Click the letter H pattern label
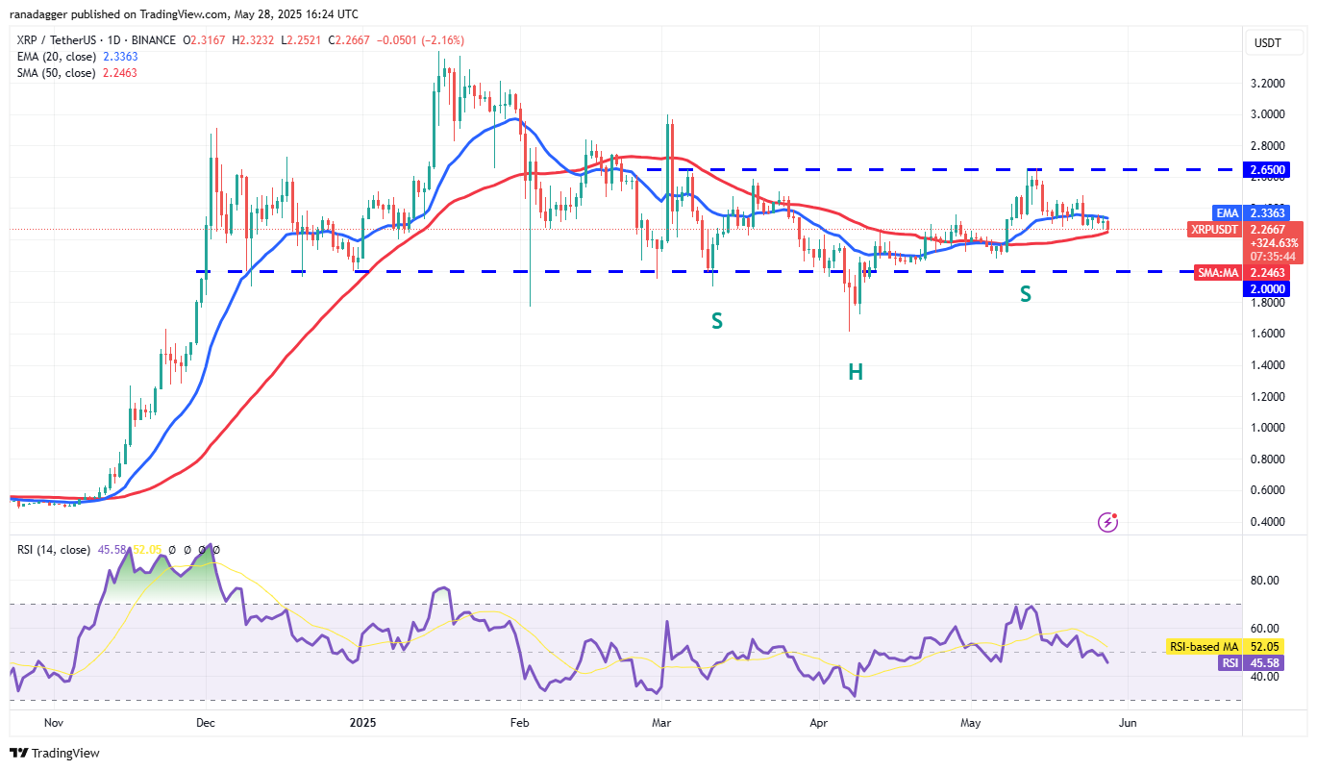pyautogui.click(x=856, y=372)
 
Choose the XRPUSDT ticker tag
pyautogui.click(x=1216, y=230)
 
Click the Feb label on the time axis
pyautogui.click(x=520, y=722)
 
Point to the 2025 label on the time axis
pyautogui.click(x=362, y=722)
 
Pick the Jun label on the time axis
pyautogui.click(x=1129, y=722)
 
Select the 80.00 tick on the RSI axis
pyautogui.click(x=1265, y=581)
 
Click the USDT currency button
pyautogui.click(x=1270, y=42)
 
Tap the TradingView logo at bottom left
pyautogui.click(x=56, y=753)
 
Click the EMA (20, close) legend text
pyautogui.click(x=55, y=57)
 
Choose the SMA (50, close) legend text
pyautogui.click(x=55, y=73)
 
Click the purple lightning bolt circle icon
pyautogui.click(x=1108, y=522)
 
